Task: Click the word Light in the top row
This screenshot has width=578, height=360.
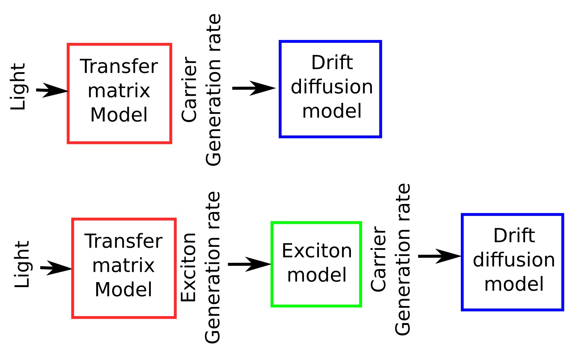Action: pos(18,87)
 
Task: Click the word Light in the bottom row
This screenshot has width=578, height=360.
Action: pos(23,265)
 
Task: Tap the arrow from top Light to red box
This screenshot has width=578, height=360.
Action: pos(52,90)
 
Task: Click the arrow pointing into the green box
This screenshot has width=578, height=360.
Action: pos(249,264)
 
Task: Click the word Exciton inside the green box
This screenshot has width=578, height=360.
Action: pos(317,251)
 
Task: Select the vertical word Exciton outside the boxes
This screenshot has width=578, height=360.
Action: pos(188,268)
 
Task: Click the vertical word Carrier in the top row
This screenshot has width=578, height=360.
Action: pos(189,90)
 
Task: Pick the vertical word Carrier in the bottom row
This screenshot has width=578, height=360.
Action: pos(379,260)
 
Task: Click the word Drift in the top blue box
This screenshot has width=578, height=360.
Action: pos(332,63)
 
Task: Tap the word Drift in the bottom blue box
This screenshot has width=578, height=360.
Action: pos(514,236)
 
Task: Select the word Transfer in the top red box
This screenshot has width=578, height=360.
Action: pos(119,66)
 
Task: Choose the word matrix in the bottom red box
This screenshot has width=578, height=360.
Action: pos(124,266)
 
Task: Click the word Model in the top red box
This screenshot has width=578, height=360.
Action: pos(119,115)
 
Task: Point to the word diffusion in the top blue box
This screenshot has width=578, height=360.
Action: pos(332,87)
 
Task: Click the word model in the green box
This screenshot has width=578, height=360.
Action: pos(317,275)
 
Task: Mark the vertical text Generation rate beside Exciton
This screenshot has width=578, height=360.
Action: pos(213,268)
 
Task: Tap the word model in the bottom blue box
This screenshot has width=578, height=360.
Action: pos(514,284)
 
